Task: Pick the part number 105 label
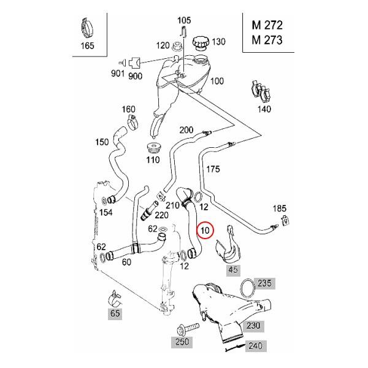pyautogui.click(x=183, y=20)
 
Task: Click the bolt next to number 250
pyautogui.click(x=188, y=328)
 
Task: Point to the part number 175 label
pyautogui.click(x=212, y=168)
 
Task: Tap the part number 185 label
pyautogui.click(x=279, y=209)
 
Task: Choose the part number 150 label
pyautogui.click(x=102, y=142)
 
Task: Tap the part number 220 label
pyautogui.click(x=162, y=215)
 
